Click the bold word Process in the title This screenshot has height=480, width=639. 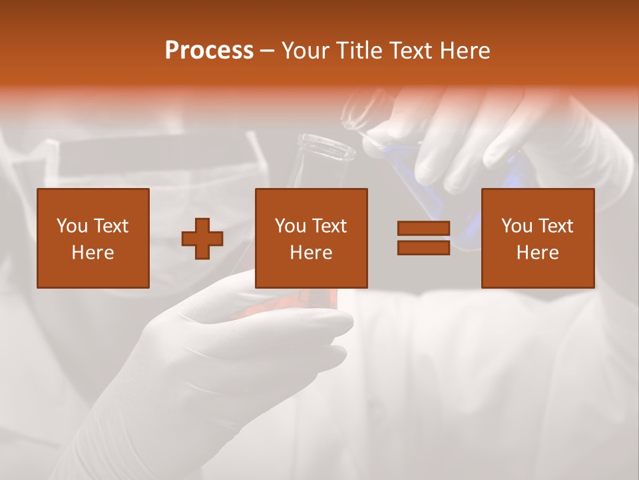209,51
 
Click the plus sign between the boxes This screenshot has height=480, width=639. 203,238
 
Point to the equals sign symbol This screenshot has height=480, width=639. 423,238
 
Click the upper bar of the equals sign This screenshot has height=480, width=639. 423,229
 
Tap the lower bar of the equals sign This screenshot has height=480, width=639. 423,247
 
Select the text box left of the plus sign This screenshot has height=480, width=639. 93,238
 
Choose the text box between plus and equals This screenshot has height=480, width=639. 312,238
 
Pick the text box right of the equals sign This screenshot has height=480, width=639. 538,238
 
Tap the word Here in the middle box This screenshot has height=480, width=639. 312,253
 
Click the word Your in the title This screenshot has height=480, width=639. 304,51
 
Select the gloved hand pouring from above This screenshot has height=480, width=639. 479,133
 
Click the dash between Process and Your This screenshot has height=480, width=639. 268,51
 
